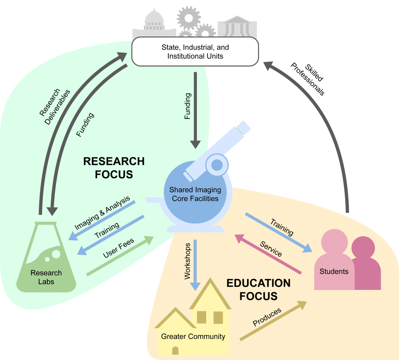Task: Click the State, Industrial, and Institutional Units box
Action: pos(195,52)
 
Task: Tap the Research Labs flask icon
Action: pos(46,260)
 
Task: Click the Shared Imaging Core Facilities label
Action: pos(195,194)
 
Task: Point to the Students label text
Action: pos(334,271)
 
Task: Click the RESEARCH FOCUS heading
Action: pos(114,168)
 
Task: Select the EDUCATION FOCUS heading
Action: pos(258,290)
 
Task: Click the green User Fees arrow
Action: pos(120,256)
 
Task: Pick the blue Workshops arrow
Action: pos(195,264)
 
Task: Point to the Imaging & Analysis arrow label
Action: pos(102,213)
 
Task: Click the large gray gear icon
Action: pos(188,17)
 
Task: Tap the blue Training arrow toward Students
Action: pos(278,233)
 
